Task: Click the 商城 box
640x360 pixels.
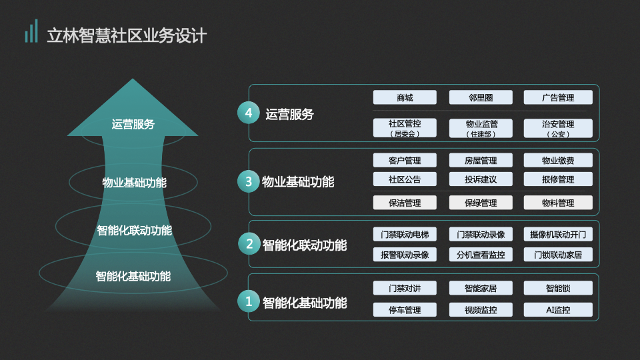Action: (x=405, y=97)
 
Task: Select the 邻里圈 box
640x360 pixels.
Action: (x=481, y=97)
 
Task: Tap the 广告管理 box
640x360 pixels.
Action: (x=558, y=97)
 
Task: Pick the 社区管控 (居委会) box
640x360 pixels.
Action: (x=405, y=128)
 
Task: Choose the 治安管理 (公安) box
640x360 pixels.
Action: (x=558, y=128)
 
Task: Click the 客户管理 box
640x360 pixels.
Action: (x=405, y=161)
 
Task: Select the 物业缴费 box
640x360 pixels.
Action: (x=558, y=161)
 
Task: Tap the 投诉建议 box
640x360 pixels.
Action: (x=481, y=179)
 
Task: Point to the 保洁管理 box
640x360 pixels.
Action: (x=405, y=203)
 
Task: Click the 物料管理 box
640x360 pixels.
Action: (x=558, y=203)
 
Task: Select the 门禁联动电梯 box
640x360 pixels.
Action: (x=405, y=234)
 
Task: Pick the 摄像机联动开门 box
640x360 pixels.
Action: (x=558, y=234)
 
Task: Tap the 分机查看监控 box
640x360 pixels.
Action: (x=481, y=255)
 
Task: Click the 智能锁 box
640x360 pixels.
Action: (x=558, y=288)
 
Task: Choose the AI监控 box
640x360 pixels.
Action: (x=558, y=310)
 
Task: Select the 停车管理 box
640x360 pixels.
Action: (x=405, y=310)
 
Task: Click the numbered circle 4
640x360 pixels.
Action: (x=249, y=113)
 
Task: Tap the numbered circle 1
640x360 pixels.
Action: (x=249, y=301)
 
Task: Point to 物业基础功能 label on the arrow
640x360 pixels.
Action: (x=134, y=183)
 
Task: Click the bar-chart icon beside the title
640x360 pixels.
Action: (x=31, y=31)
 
